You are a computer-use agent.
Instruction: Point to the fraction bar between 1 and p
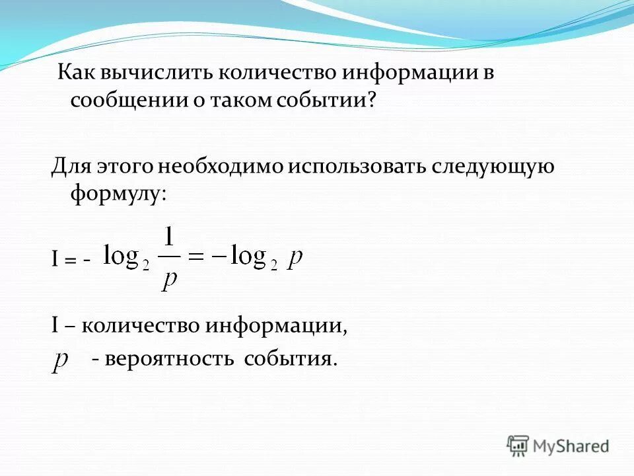tap(170, 258)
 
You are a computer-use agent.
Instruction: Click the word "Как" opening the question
tap(74, 73)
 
